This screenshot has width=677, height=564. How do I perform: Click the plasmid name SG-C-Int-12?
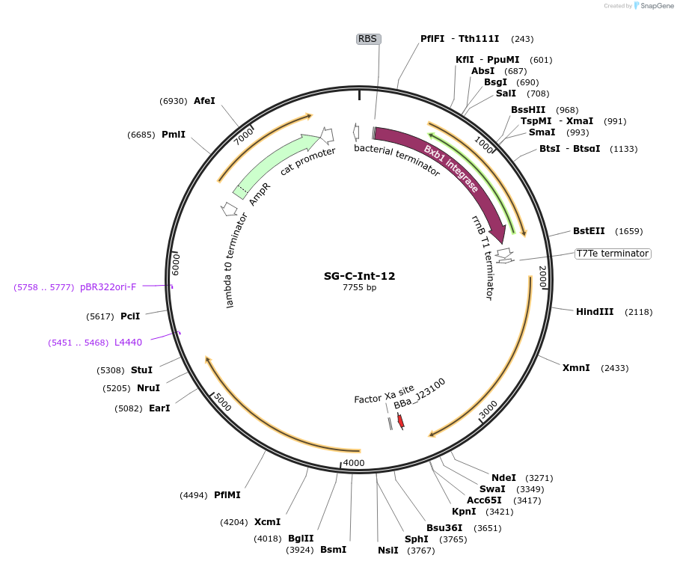[359, 276]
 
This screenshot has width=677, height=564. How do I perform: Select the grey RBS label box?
[368, 39]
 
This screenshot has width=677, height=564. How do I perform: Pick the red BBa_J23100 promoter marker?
[401, 421]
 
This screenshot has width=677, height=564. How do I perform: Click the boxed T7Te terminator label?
[612, 254]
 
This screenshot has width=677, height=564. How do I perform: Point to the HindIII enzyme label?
[595, 312]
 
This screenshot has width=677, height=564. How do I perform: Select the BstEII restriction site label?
[589, 231]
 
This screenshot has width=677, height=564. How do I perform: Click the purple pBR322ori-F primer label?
[108, 286]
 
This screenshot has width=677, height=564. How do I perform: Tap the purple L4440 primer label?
[128, 342]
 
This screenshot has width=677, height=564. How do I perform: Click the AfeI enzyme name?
[204, 100]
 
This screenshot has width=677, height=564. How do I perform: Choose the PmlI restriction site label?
[174, 135]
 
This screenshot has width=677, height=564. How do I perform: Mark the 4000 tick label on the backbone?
[353, 463]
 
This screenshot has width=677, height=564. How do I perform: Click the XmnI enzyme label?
[576, 368]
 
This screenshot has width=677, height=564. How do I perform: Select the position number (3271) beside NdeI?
[539, 477]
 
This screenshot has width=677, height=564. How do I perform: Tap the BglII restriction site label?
[301, 539]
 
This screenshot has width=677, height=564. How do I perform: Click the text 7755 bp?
[359, 287]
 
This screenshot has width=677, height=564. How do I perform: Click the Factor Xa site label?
[384, 393]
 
